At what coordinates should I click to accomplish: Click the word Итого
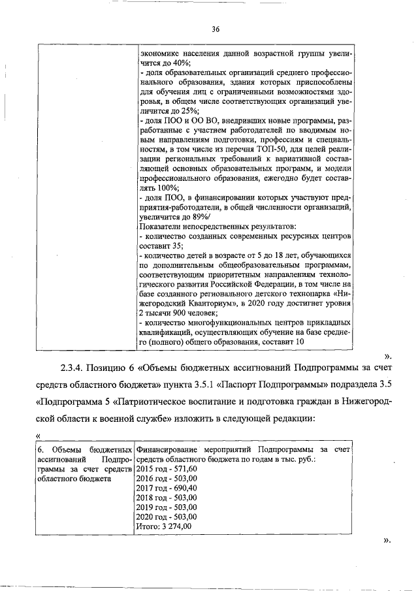[145, 526]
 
